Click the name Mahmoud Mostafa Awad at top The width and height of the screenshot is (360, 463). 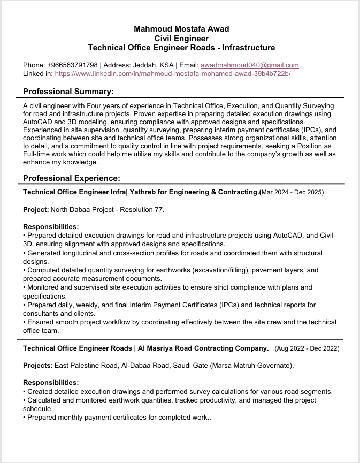click(x=181, y=28)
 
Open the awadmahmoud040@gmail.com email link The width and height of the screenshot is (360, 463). click(x=249, y=65)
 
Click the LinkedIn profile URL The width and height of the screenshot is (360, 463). click(x=172, y=74)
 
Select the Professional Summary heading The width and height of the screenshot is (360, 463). click(x=68, y=92)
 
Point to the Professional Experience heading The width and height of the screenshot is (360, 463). click(x=72, y=178)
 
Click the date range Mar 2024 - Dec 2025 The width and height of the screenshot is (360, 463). click(x=292, y=192)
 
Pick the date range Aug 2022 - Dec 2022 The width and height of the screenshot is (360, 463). click(x=307, y=348)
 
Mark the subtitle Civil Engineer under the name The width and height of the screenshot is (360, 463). click(x=181, y=38)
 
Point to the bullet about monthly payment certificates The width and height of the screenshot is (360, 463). click(x=118, y=417)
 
